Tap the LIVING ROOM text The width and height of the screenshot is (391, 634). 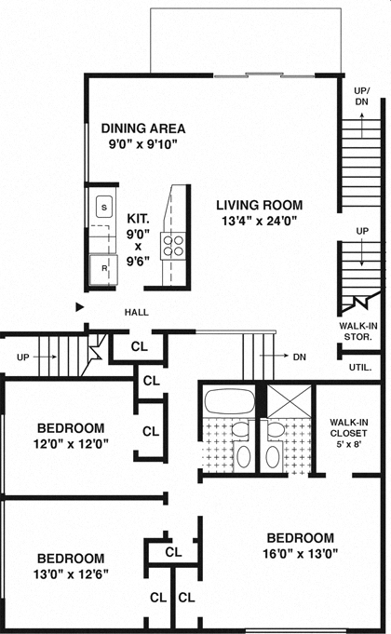(x=259, y=205)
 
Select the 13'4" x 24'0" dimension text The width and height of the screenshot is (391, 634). (x=259, y=221)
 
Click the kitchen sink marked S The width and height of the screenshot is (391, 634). (x=104, y=206)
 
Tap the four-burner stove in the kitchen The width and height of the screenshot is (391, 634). (x=173, y=244)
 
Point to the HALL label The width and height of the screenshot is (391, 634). (x=137, y=313)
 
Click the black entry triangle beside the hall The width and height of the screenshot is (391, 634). (x=80, y=305)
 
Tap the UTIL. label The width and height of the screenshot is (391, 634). (x=360, y=367)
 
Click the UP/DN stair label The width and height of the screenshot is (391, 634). (x=361, y=96)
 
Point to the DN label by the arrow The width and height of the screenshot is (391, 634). (x=298, y=356)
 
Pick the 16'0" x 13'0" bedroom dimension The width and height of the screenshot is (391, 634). (x=300, y=554)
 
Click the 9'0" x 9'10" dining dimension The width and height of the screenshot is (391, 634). (x=142, y=144)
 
